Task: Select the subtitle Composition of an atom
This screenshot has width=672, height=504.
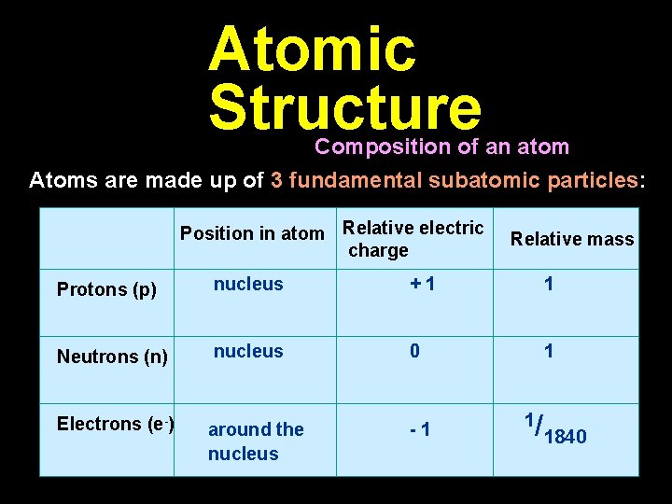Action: (441, 147)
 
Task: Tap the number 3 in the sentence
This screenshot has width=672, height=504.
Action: (276, 180)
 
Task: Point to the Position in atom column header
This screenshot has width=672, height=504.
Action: (252, 233)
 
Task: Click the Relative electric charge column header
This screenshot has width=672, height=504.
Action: (413, 239)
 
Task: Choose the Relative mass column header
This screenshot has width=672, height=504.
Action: (572, 240)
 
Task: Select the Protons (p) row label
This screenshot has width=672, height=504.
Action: (106, 289)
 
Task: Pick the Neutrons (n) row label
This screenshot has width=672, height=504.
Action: (112, 357)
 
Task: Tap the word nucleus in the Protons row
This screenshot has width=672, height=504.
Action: (248, 284)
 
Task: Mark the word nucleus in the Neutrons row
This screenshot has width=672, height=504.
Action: (248, 351)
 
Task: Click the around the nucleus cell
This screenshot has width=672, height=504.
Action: (256, 441)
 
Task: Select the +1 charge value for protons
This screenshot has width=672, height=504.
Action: (422, 285)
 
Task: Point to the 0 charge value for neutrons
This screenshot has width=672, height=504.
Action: (414, 351)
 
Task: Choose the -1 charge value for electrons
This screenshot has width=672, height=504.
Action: (419, 430)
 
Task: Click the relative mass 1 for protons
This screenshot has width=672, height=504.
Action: (549, 284)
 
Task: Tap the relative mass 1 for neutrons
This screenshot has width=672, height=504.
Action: (549, 351)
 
